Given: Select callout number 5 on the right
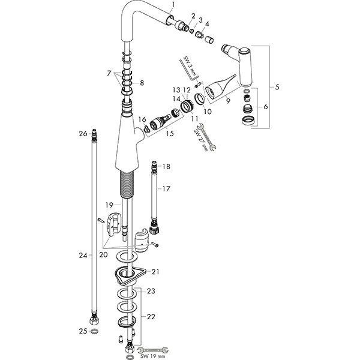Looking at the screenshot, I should [x=277, y=88].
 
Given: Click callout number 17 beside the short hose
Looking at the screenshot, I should [x=166, y=189].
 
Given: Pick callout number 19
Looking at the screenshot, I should [x=109, y=205].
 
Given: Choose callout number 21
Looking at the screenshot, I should [x=155, y=272].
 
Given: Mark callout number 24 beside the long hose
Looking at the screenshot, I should [x=83, y=255].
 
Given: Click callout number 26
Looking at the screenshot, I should [x=83, y=133].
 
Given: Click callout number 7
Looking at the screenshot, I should [x=109, y=73].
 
